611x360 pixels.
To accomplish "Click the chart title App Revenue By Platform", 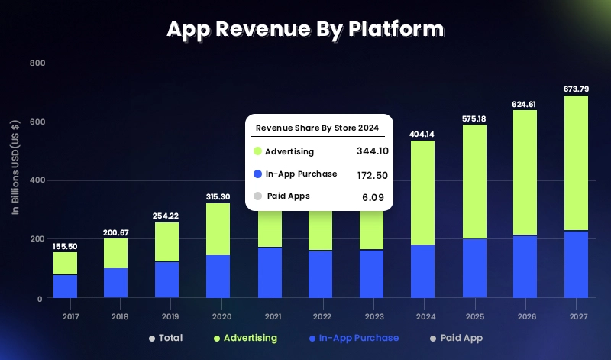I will pos(305,29).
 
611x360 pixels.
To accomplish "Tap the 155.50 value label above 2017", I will pos(65,246).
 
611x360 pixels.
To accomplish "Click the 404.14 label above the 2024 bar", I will pos(422,135).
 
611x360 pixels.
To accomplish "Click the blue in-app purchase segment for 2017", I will pos(65,286).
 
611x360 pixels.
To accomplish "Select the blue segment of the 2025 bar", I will pos(474,268).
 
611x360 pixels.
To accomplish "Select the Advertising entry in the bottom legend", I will pos(250,338).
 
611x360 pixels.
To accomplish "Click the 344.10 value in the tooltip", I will pos(373,151).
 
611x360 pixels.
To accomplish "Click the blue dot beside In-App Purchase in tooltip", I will pos(257,174).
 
